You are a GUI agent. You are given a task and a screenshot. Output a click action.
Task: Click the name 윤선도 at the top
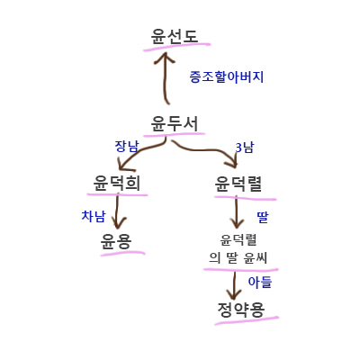[175, 36]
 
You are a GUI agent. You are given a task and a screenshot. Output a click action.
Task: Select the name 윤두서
[175, 123]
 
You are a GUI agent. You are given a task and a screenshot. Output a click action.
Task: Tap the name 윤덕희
[117, 183]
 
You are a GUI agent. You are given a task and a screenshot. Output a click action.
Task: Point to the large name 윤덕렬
[238, 184]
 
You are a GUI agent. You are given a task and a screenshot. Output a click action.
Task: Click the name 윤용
[116, 241]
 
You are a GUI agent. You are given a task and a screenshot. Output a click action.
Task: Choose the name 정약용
[241, 310]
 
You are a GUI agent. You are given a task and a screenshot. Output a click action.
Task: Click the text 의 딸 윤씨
[238, 258]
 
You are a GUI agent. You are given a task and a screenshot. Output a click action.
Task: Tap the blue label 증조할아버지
[227, 76]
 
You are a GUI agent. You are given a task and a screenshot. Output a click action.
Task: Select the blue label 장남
[127, 147]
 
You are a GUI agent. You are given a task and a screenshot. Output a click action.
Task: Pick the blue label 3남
[245, 148]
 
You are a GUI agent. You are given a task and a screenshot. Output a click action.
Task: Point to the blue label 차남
[94, 216]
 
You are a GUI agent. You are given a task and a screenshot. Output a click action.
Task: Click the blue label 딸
[263, 217]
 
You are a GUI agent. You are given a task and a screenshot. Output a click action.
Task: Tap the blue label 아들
[260, 283]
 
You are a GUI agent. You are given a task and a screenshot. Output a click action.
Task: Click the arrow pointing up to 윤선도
[165, 78]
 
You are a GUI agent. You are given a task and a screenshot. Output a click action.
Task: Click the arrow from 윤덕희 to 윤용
[117, 211]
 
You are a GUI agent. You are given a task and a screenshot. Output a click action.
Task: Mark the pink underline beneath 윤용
[122, 253]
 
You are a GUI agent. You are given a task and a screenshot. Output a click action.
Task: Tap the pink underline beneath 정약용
[247, 320]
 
